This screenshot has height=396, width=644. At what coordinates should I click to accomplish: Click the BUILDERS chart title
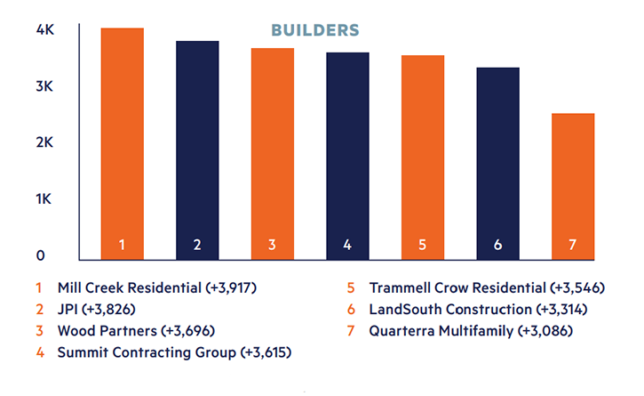tap(315, 30)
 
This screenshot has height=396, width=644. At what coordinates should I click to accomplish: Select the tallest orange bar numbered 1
tap(123, 143)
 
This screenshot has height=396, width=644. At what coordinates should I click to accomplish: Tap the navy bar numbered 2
tap(197, 150)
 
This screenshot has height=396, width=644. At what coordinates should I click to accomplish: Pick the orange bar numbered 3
tap(273, 154)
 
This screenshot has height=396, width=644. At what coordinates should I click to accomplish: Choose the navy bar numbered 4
tap(348, 156)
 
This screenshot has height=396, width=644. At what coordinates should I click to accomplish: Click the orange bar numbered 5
tap(423, 158)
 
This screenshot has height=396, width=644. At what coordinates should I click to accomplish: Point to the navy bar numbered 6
tap(497, 164)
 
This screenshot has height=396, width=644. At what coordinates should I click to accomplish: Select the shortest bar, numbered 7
tap(573, 187)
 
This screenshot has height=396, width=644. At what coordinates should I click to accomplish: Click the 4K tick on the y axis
tap(44, 29)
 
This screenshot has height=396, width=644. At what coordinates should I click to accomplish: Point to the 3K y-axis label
tap(44, 86)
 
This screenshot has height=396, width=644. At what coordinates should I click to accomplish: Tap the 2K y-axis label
tap(44, 142)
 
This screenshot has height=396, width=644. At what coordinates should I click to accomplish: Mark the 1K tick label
tap(44, 199)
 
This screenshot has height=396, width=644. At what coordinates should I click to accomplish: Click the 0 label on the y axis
tap(40, 255)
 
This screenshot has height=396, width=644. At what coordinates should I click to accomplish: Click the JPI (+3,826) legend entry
tap(97, 309)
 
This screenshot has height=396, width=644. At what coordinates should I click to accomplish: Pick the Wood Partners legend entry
tap(136, 331)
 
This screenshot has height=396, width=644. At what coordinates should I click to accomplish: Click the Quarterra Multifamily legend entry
tap(471, 331)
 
